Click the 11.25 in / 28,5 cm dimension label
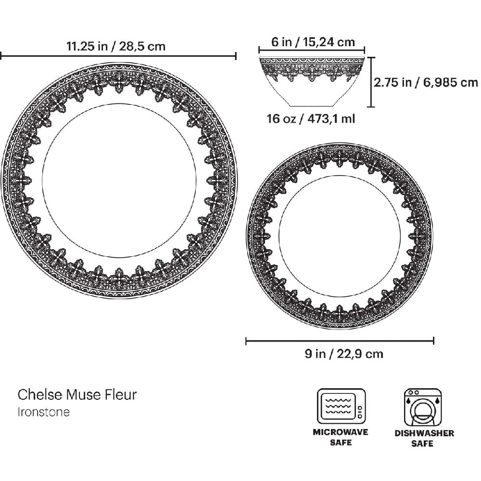116,46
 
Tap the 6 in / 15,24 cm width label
313,42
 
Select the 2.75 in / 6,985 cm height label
426,82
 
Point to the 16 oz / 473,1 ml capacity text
311,118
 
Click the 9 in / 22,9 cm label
344,354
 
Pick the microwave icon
342,407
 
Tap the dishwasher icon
423,407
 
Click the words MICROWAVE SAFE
341,437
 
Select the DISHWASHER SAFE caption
424,438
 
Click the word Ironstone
44,412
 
